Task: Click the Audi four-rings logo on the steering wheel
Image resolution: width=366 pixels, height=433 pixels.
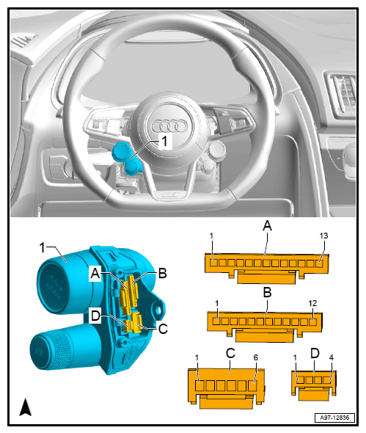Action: (169, 126)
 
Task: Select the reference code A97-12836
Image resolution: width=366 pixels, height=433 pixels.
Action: (334, 418)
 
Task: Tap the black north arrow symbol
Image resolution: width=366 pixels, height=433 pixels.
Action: (26, 407)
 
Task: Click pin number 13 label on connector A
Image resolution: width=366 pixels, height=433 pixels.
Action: (323, 236)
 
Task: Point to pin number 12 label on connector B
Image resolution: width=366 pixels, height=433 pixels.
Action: (312, 303)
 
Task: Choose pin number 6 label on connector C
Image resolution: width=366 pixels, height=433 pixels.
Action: (256, 357)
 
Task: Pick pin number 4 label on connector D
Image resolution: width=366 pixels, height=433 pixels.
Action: (332, 357)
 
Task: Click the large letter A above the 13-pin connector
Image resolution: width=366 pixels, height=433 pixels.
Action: (267, 226)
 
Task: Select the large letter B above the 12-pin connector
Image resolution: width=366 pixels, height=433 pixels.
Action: (267, 292)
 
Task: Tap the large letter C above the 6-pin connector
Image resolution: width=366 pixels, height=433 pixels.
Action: (230, 353)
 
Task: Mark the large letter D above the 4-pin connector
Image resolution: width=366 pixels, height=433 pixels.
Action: (315, 353)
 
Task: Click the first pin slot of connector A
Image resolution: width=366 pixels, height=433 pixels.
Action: (213, 263)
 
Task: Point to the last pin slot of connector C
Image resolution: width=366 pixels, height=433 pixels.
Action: (252, 386)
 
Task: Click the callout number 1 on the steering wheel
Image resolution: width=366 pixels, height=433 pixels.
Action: (164, 142)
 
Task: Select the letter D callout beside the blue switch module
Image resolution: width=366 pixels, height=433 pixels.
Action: (95, 316)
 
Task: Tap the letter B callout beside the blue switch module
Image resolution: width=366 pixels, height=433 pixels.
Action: (163, 273)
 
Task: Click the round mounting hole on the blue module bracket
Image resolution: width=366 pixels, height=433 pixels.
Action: (158, 310)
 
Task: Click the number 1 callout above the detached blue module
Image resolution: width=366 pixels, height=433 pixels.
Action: (42, 247)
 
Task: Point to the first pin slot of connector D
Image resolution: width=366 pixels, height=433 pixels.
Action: (301, 380)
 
